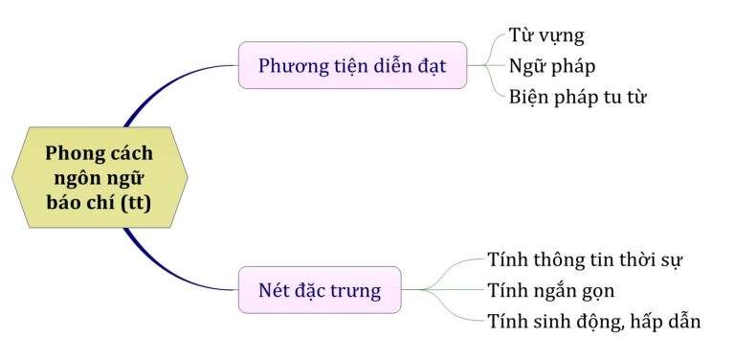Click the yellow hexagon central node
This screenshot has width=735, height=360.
pos(100,178)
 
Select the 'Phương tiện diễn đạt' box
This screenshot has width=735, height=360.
pos(352,66)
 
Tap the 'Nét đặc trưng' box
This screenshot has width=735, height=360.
pos(320,289)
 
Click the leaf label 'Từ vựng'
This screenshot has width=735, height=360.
pos(546,36)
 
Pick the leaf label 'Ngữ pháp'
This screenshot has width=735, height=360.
pos(552,66)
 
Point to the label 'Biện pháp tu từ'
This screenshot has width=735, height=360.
pos(578,97)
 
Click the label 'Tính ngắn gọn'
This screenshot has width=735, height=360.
pos(550,290)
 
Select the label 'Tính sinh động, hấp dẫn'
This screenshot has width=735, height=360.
pos(593,321)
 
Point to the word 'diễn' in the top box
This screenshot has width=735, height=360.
pos(387,66)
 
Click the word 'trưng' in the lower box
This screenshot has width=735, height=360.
pos(353,289)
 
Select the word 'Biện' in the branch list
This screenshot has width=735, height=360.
pos(528,97)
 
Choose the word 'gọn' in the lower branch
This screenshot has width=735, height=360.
pos(594,291)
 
